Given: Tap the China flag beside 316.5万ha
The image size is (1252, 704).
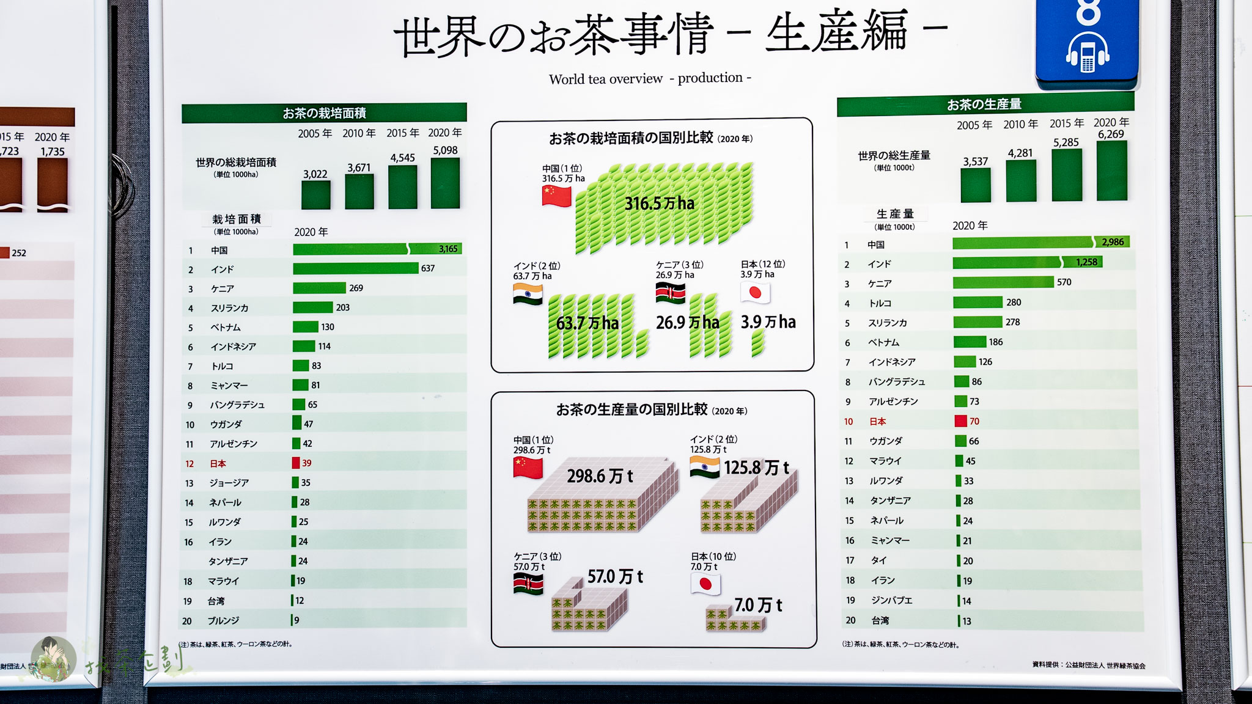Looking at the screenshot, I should pos(556,196).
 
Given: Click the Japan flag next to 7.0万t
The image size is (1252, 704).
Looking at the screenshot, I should pos(705,584).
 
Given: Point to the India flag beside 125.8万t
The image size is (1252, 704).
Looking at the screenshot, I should pos(704,468).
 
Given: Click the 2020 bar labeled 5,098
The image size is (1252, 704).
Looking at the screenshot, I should pos(445,183).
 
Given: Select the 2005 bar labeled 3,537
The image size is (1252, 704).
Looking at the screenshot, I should pos(975,185).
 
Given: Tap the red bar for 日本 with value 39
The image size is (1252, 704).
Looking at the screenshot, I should pos(296,463).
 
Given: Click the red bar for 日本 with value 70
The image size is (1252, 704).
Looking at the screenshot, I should pos(960,421).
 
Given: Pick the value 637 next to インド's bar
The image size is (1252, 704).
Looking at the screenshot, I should pos(428,268).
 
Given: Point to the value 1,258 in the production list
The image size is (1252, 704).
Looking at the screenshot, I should pos(1086,262).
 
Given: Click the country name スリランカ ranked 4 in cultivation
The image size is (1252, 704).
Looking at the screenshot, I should pos(229,308).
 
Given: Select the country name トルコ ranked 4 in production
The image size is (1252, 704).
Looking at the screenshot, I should pos(880,303).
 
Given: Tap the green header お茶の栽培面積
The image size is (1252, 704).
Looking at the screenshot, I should pos(324,113).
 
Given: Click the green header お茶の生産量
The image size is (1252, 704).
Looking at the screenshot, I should pos(984,105).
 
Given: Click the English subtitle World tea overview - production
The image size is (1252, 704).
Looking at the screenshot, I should pos(650,78).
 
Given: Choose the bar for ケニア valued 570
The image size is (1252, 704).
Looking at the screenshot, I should pos(1003,282).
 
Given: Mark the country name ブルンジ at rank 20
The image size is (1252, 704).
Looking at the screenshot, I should pos(223,621).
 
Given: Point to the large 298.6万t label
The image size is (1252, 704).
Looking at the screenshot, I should pos(600,476).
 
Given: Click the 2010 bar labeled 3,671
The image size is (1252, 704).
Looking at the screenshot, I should pos(359,192).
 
